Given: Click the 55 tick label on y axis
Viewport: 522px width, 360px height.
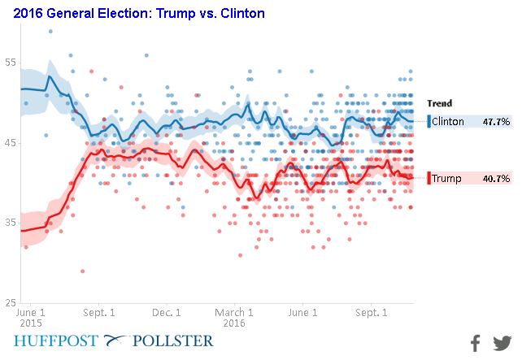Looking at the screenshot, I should click(10, 63).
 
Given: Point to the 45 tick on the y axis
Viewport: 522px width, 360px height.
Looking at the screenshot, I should click(10, 143).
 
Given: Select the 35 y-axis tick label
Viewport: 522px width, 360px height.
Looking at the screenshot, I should click(10, 223).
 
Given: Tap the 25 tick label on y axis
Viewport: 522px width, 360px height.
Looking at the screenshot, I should click(10, 302).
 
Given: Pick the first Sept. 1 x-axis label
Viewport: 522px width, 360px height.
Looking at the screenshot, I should click(99, 311).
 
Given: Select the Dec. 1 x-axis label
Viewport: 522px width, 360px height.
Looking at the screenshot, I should click(167, 311).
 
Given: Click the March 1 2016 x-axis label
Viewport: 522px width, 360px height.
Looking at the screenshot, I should click(235, 316).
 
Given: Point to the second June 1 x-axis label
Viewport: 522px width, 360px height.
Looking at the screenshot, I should click(303, 311).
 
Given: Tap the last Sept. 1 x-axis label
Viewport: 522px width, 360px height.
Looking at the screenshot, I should click(371, 311).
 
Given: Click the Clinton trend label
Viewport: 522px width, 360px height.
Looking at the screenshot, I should click(448, 122).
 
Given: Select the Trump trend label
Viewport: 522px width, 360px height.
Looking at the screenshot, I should click(446, 178).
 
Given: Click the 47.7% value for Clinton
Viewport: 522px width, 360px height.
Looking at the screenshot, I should click(496, 122).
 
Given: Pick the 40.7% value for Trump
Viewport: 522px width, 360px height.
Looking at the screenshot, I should click(496, 178).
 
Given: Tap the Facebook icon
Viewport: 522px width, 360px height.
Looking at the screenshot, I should click(476, 343).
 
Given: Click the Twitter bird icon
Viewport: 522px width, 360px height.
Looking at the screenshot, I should click(502, 343).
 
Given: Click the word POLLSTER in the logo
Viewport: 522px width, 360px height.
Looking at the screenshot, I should click(175, 340).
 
